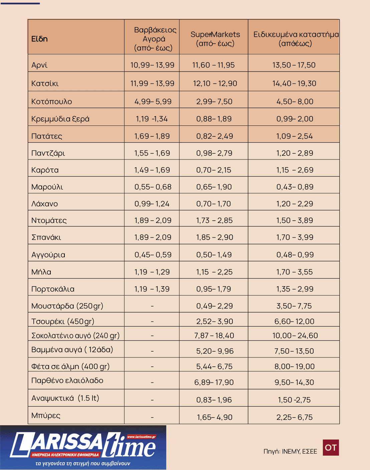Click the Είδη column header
click(x=39, y=39)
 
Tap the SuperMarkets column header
click(x=215, y=39)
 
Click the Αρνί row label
click(x=39, y=65)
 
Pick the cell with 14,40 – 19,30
click(x=294, y=83)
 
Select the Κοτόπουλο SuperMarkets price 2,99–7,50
click(x=214, y=101)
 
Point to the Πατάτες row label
click(x=47, y=136)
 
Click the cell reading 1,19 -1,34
click(x=152, y=119)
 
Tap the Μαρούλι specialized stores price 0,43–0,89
click(x=295, y=187)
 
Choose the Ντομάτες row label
click(x=49, y=220)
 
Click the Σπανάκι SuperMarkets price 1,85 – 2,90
click(x=214, y=237)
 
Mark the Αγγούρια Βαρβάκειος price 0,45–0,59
click(x=153, y=255)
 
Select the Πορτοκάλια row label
click(x=53, y=289)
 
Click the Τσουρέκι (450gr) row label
click(x=63, y=321)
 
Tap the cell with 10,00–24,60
click(x=295, y=335)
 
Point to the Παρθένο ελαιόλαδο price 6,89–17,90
click(x=214, y=382)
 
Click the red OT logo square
click(x=331, y=447)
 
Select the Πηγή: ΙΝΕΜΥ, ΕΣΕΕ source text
click(x=290, y=451)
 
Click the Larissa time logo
click(x=83, y=447)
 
